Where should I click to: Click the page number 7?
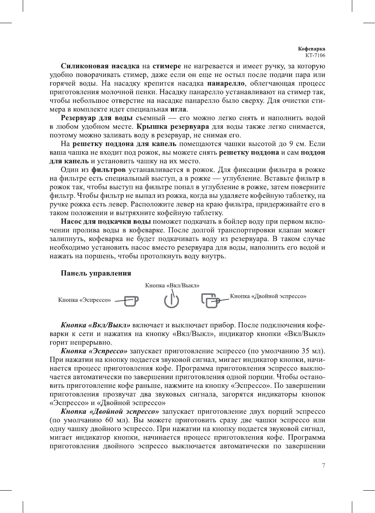323,466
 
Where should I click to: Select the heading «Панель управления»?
96,273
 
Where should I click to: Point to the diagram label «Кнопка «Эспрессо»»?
84,300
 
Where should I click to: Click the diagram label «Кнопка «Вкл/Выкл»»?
172,285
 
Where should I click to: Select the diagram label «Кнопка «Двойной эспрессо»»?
268,296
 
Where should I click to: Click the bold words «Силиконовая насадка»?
100,66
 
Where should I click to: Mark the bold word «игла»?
178,109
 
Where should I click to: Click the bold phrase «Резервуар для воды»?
96,118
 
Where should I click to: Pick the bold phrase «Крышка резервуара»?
173,126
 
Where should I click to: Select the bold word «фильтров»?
109,170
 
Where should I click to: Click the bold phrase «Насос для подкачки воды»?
106,221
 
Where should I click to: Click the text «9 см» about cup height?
297,144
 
